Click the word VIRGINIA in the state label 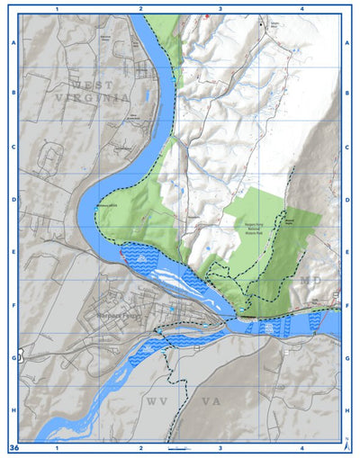pyautogui.click(x=90, y=96)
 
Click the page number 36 pyautogui.click(x=13, y=447)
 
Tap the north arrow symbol pyautogui.click(x=347, y=445)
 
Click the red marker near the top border pyautogui.click(x=208, y=15)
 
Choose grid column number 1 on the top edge pyautogui.click(x=57, y=8)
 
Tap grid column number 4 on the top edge pyautogui.click(x=301, y=8)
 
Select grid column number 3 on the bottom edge pyautogui.click(x=220, y=447)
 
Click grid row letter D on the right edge pyautogui.click(x=347, y=201)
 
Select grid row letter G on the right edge pyautogui.click(x=347, y=357)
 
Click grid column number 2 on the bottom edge pyautogui.click(x=140, y=447)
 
